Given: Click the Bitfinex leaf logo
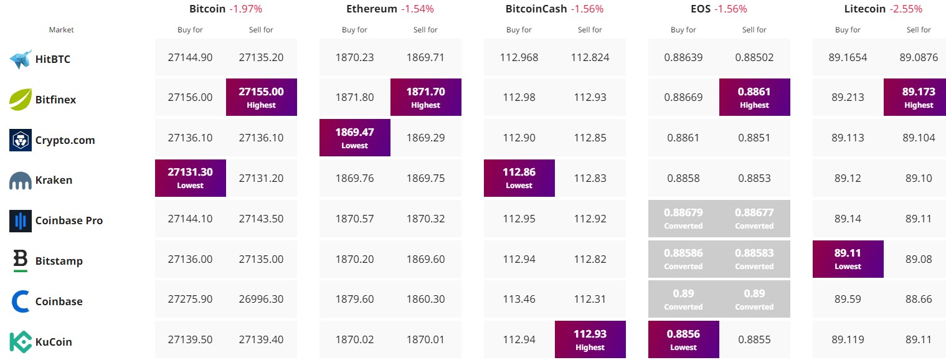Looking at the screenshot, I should click(21, 99).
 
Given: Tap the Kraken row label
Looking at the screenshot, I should click(54, 180).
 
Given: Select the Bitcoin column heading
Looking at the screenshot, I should click(208, 9).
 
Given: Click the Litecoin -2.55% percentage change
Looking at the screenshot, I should click(906, 9).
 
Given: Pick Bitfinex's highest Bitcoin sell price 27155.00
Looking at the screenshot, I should click(261, 97).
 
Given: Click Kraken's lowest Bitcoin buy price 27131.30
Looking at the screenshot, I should click(190, 178).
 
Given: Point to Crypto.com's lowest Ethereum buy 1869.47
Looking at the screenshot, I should click(354, 137).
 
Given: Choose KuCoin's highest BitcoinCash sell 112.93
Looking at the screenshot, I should click(590, 339).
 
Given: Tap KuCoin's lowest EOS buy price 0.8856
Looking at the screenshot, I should click(683, 339).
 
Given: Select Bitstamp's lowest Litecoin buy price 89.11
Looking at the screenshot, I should click(848, 258).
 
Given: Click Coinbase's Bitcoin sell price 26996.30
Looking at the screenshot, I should click(261, 299).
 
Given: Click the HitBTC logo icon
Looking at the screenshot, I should click(21, 59).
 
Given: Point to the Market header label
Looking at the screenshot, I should click(61, 30).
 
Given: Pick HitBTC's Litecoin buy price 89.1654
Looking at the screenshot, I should click(848, 57).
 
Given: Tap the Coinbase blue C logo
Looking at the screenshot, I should click(21, 301).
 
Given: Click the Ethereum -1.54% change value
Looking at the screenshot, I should click(417, 9).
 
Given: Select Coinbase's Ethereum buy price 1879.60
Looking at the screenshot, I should click(354, 299).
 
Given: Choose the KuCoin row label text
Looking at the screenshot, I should click(54, 342).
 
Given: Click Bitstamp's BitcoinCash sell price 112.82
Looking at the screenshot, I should click(590, 258).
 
